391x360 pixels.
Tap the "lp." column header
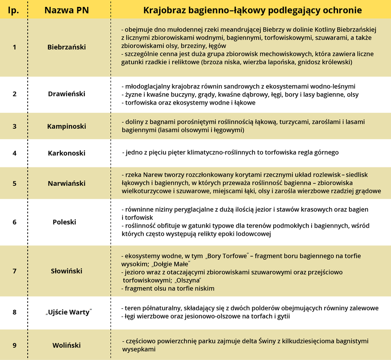pos(13,10)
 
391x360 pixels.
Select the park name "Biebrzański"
pos(67,47)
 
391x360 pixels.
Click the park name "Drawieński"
pos(67,94)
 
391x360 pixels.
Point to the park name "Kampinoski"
pos(67,126)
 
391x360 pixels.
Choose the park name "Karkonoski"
pos(67,154)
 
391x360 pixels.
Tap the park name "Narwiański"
pos(67,183)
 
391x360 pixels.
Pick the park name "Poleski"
pos(64,222)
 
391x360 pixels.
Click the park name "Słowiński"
pos(67,271)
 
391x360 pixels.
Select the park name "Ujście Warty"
pos(68,313)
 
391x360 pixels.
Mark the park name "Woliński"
pos(67,345)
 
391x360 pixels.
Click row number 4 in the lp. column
pos(15,154)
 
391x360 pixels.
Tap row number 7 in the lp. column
pos(15,271)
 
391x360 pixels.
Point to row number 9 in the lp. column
pos(15,345)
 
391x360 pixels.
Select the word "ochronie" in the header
pos(343,10)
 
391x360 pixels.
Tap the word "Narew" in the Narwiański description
pos(150,175)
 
